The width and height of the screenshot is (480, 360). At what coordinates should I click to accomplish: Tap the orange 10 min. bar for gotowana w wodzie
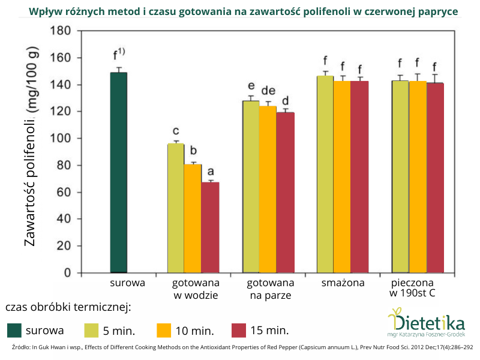(193, 218)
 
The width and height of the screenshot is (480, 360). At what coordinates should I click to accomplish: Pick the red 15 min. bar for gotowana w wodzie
(210, 227)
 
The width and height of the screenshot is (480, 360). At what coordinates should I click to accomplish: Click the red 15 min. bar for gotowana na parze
(285, 193)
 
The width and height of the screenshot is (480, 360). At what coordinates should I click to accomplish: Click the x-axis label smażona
(343, 283)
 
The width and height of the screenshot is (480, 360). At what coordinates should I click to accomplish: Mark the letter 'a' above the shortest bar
(210, 171)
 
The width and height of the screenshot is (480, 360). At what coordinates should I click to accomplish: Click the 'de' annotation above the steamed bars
(268, 91)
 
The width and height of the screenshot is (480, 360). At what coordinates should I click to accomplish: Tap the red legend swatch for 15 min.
(239, 330)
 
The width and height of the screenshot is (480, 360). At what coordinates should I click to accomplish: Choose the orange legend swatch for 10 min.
(164, 330)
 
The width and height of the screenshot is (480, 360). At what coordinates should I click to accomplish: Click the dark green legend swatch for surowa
(14, 330)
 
